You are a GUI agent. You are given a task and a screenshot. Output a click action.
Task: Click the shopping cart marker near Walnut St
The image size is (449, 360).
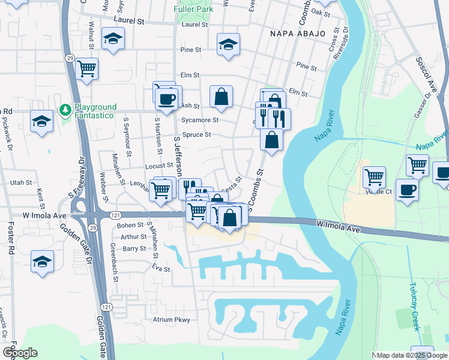[87, 68]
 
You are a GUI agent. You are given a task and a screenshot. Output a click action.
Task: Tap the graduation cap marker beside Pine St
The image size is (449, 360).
[228, 44]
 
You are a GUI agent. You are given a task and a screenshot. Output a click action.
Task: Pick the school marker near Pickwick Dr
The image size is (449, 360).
[41, 121]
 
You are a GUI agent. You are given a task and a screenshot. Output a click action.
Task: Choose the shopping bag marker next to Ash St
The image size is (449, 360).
[221, 96]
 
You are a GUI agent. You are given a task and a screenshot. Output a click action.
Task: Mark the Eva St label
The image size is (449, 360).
[158, 268]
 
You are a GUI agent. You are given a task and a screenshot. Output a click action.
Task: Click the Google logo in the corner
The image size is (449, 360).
[20, 353]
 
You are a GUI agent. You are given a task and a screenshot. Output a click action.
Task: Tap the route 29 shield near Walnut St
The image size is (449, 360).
[70, 58]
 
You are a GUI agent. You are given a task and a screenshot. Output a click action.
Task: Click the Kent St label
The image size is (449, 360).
[40, 194]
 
